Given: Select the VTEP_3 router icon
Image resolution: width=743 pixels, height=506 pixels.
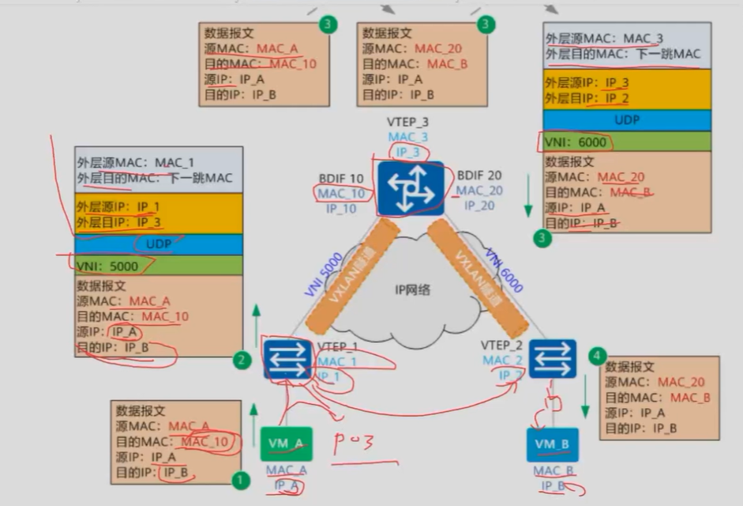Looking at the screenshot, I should (x=411, y=189).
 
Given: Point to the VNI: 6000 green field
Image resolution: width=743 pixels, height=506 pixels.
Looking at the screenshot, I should (x=627, y=142).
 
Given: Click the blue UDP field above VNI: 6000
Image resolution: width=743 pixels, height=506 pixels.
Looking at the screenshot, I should (x=627, y=120).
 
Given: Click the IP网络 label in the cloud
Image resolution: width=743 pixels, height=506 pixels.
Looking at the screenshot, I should (x=412, y=289).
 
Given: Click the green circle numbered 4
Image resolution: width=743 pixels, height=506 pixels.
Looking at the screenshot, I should (x=595, y=357).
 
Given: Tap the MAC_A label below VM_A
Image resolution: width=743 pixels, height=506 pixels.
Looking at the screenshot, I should (x=286, y=470).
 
